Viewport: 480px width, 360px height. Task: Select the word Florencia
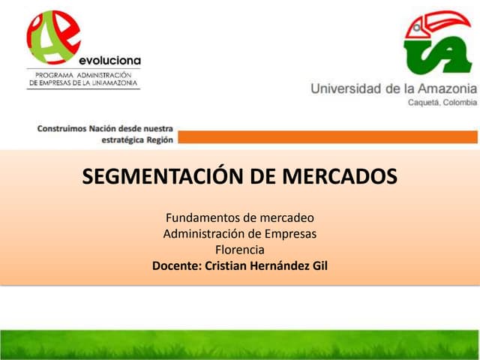click(x=240, y=250)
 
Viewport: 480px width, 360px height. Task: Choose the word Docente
click(x=175, y=265)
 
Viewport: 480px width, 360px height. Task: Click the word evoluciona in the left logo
click(x=109, y=59)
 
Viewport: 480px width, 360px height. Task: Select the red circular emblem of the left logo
click(x=55, y=37)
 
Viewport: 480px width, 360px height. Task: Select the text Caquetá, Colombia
click(x=441, y=102)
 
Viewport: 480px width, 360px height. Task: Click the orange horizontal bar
click(x=327, y=136)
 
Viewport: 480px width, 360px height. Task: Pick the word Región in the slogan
click(x=155, y=139)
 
